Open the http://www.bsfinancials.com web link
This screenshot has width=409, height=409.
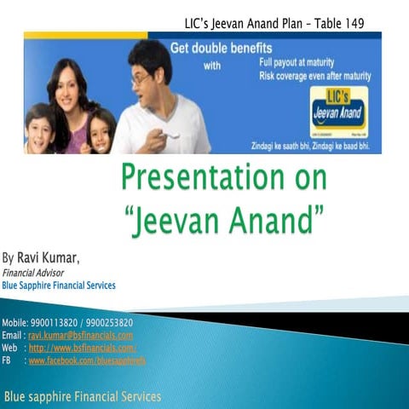click(x=82, y=348)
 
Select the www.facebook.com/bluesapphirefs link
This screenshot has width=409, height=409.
click(x=87, y=360)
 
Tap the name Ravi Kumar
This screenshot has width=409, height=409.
click(x=54, y=256)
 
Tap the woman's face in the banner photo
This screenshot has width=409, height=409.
click(x=65, y=88)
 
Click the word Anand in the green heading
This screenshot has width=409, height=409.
click(x=280, y=208)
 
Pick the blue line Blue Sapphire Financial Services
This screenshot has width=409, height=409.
click(x=60, y=285)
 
